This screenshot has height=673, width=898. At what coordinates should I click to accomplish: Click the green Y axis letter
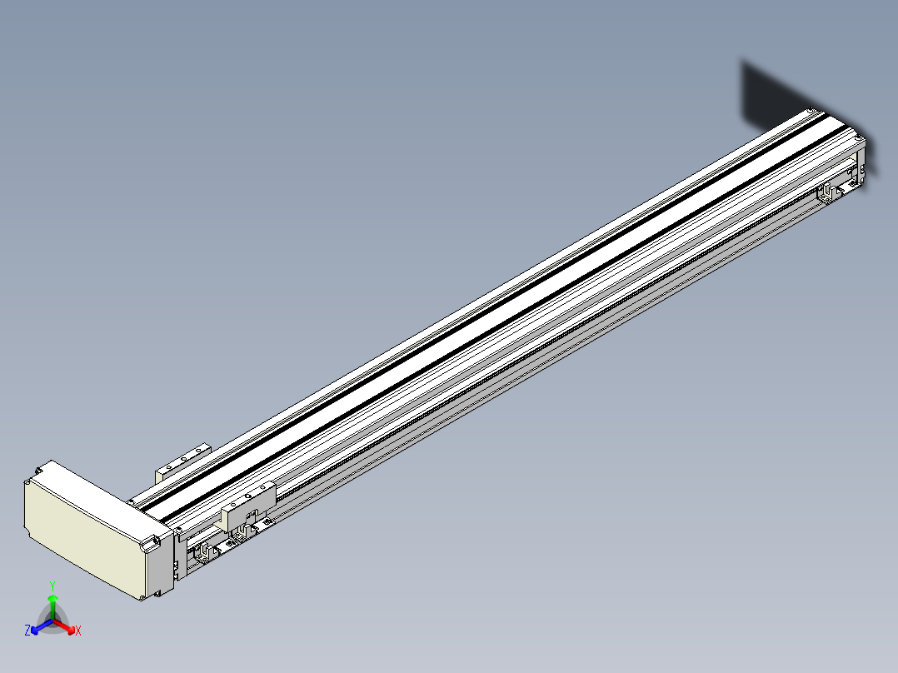(x=52, y=586)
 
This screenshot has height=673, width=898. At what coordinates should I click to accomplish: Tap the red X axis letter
(x=78, y=631)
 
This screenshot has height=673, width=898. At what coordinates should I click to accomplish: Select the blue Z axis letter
(x=27, y=630)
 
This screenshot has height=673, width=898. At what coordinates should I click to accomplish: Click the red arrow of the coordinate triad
(x=65, y=626)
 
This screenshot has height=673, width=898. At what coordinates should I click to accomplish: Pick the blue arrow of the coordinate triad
(x=42, y=626)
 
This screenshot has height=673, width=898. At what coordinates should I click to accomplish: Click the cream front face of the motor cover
(x=83, y=533)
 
